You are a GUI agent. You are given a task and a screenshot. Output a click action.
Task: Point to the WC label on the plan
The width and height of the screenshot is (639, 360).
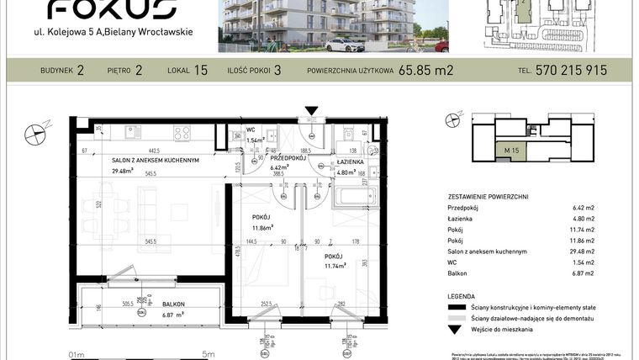click(x=251, y=130)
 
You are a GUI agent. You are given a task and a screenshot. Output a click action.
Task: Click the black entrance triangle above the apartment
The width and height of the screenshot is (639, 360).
click(x=312, y=111)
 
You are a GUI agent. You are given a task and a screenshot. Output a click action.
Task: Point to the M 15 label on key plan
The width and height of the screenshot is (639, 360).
click(x=509, y=150)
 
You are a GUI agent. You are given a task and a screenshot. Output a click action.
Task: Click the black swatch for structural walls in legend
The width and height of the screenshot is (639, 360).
click(x=457, y=309)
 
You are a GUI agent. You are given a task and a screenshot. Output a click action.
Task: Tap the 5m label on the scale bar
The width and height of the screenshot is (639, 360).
click(x=208, y=355)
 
